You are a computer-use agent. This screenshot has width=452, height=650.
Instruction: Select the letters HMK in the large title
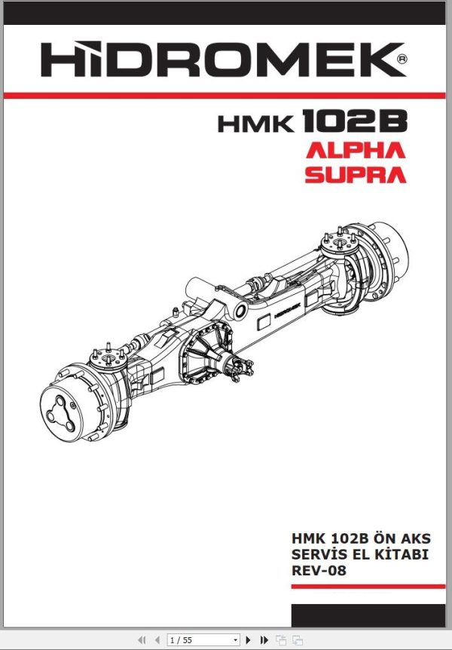[x=256, y=124]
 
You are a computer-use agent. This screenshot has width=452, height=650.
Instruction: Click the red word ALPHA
[x=355, y=150]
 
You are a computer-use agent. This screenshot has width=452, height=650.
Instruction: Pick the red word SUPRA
[x=355, y=175]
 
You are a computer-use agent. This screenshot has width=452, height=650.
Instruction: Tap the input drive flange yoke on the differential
[x=243, y=369]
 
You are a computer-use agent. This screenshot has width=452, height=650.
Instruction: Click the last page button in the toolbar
[x=264, y=640]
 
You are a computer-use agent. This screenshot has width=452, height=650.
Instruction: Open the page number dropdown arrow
[x=235, y=640]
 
